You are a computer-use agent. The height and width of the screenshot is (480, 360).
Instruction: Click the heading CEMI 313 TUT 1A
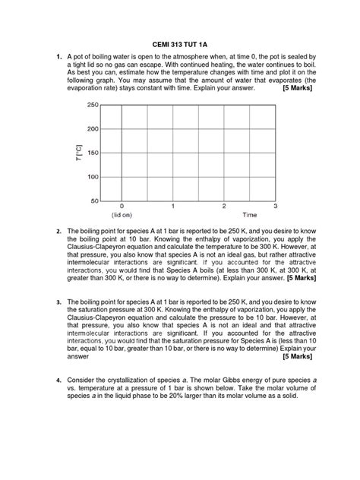pos(180,43)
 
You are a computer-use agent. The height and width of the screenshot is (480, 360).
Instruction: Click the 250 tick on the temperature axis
pos(92,105)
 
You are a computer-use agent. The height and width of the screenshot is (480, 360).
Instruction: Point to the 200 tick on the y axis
pos(92,128)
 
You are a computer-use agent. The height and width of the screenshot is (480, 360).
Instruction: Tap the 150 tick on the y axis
pos(92,153)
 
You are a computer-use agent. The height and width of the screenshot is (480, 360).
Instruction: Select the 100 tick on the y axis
pos(92,177)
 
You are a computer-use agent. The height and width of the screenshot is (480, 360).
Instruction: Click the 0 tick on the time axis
pos(122,206)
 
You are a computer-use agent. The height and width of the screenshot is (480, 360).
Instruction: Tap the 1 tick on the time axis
pos(173,206)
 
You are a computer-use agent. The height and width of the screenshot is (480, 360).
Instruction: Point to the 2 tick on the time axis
pos(224,206)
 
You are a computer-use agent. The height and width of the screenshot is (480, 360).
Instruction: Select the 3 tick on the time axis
pos(275,206)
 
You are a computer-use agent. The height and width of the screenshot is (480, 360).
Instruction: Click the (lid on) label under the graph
pos(122,215)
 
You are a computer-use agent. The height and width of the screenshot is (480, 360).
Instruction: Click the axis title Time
pos(250,215)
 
